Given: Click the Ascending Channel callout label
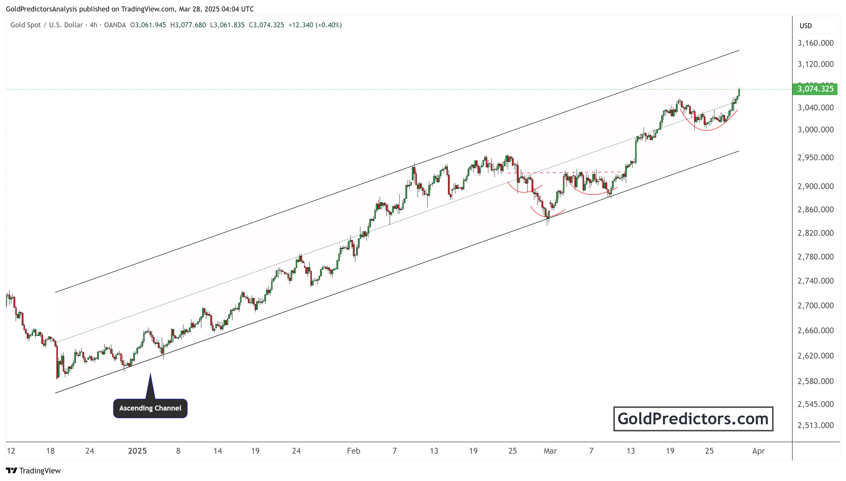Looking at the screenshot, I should [150, 408].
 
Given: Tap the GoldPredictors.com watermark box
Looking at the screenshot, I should [693, 418].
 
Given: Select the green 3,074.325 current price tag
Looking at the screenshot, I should [815, 89].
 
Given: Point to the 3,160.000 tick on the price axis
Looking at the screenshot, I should [815, 43].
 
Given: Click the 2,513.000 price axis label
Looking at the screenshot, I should [815, 425].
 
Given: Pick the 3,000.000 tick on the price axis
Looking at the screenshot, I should [815, 129].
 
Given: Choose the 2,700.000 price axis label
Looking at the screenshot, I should [815, 305].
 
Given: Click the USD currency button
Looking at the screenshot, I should [806, 26].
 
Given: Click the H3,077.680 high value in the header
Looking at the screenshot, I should [188, 25].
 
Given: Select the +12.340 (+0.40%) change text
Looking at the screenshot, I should [315, 25].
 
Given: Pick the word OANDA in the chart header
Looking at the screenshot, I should [115, 25].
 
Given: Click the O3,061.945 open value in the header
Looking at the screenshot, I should [148, 25].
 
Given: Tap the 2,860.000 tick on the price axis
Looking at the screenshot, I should [815, 209].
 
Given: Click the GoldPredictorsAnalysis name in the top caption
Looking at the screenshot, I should [41, 9].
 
